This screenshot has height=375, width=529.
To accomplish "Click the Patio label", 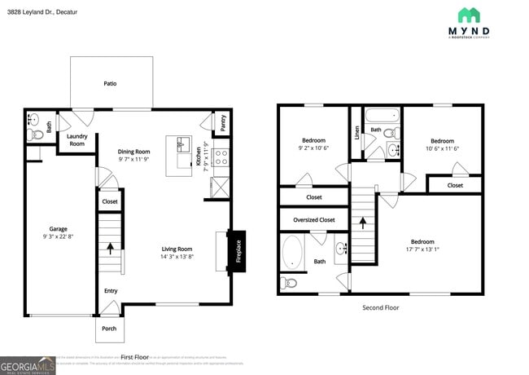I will (110, 83).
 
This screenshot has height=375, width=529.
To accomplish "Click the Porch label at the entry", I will (109, 329).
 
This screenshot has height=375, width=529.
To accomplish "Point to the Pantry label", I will (223, 122).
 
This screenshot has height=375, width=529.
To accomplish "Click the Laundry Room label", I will (77, 140).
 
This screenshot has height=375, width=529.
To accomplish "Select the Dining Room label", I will (134, 152).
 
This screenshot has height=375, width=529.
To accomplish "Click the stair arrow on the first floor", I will (109, 248).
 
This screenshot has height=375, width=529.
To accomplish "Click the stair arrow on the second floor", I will (364, 219).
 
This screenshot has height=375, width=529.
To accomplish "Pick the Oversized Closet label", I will (313, 219).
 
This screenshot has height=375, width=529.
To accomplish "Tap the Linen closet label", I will (357, 132).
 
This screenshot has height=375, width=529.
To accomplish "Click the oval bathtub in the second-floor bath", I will (292, 252).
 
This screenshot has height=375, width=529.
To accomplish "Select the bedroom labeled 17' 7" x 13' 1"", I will (422, 245).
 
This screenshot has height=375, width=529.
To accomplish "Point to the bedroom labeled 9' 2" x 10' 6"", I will (313, 144).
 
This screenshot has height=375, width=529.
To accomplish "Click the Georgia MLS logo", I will (28, 364).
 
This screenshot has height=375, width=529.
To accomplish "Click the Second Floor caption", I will (380, 307).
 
